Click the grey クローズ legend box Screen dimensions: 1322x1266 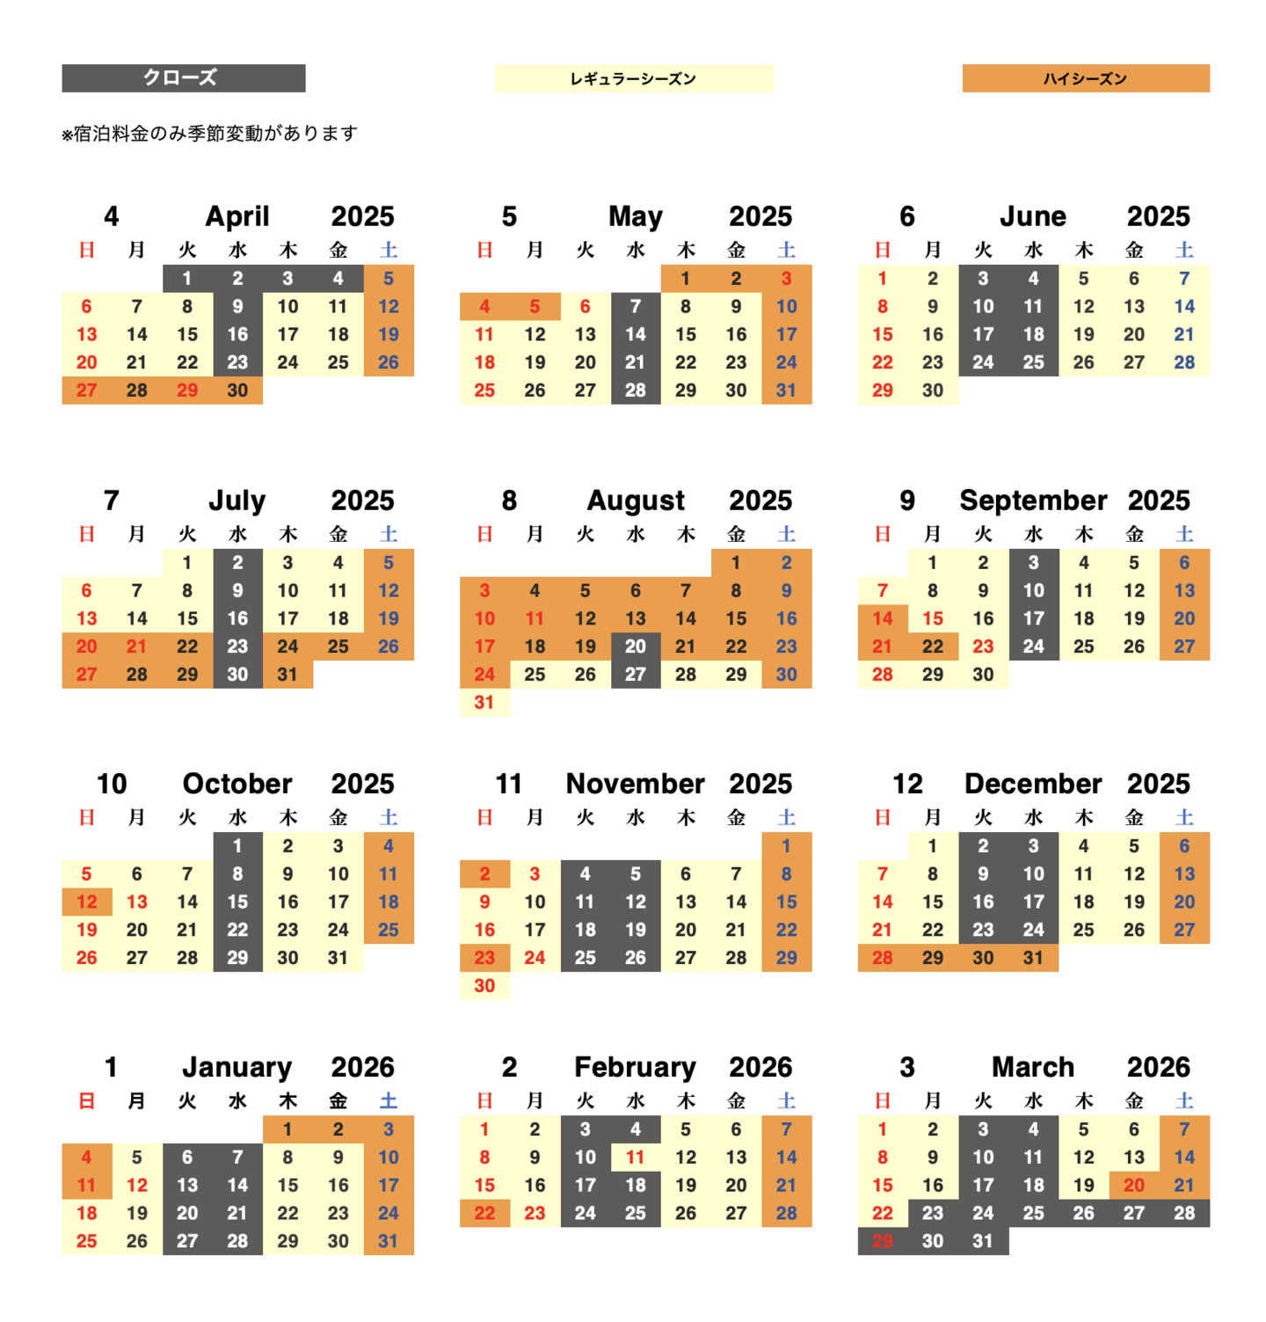[183, 78]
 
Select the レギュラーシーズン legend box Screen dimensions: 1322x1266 [633, 78]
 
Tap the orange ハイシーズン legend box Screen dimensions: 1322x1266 [1085, 78]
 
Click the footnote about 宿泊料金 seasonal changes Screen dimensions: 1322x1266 [209, 134]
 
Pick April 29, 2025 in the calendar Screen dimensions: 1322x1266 [187, 391]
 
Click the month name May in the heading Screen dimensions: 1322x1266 [635, 216]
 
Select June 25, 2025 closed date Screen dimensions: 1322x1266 [1033, 362]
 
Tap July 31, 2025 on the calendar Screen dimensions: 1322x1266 [287, 675]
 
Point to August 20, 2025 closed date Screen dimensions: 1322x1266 [635, 646]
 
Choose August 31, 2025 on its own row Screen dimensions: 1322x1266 [484, 703]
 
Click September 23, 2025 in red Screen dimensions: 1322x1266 [983, 646]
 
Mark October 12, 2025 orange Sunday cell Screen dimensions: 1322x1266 [86, 902]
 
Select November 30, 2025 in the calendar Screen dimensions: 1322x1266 [484, 986]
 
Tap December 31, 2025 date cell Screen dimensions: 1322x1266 [1033, 958]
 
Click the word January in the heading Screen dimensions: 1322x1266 [236, 1067]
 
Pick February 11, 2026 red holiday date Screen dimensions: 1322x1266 [635, 1158]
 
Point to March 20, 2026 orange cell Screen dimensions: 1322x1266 [1134, 1186]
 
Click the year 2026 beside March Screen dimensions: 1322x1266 [1158, 1067]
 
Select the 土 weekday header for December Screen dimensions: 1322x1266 [1184, 818]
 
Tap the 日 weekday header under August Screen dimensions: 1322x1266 [484, 534]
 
